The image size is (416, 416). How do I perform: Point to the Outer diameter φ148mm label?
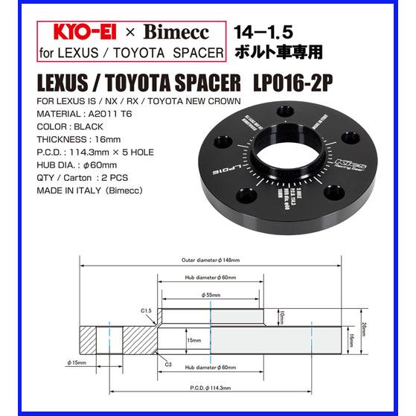(x=211, y=260)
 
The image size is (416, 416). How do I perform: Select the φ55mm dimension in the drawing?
(x=211, y=295)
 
